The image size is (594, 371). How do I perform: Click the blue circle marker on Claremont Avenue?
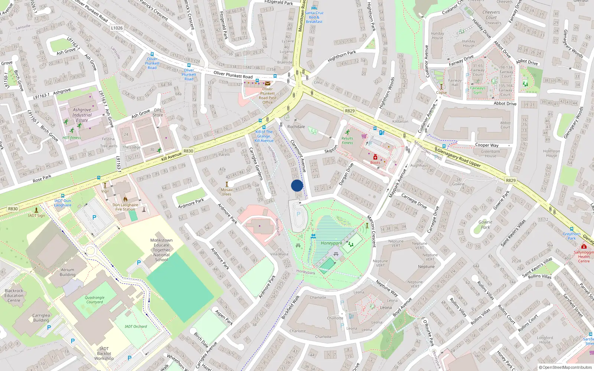point(297,185)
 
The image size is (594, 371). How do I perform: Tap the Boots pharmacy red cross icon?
point(375,157)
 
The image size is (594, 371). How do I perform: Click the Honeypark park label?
point(331,243)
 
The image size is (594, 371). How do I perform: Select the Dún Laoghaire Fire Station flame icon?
point(125,199)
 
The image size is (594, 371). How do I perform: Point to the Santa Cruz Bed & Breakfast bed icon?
point(314,7)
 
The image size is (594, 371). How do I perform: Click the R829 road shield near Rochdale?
point(350,111)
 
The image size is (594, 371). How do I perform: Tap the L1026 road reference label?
point(117,28)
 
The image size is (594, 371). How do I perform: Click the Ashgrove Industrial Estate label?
point(82,115)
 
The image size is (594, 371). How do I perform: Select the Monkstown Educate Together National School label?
point(161,250)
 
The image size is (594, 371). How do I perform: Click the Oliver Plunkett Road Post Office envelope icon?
point(267,83)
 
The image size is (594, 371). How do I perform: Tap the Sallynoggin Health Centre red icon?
point(584,247)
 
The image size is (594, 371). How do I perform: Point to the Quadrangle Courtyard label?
point(95,300)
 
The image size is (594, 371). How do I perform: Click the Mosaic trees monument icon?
point(227,184)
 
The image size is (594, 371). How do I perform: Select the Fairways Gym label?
point(477,90)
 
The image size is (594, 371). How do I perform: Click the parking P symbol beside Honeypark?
point(298,214)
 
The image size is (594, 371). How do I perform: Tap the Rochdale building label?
point(296,127)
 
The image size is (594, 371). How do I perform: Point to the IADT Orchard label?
point(136,326)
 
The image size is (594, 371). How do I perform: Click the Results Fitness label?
point(347,140)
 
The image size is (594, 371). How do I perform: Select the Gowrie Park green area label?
point(485,224)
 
